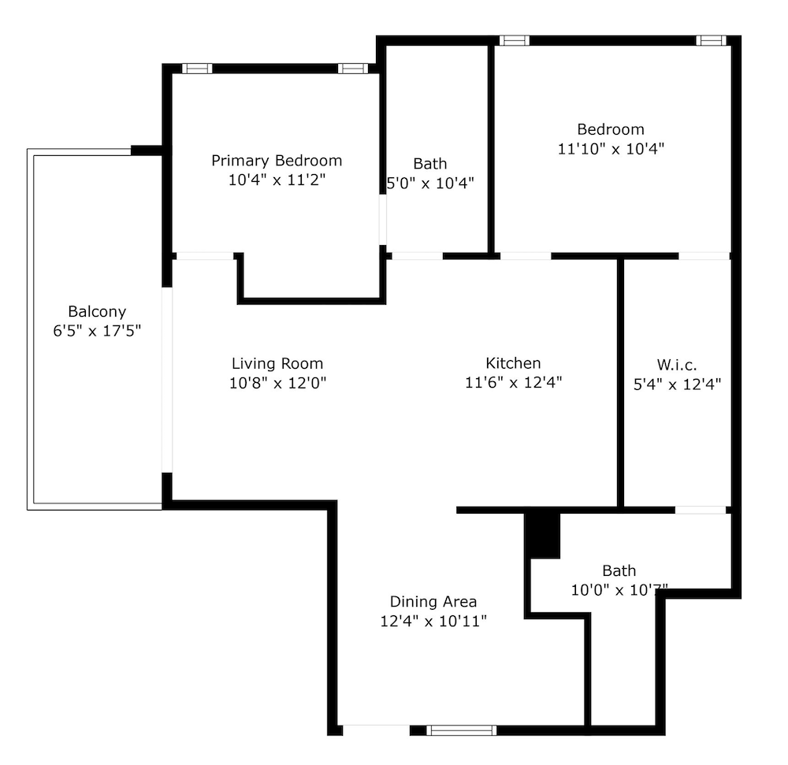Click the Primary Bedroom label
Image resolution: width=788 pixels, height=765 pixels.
point(277,162)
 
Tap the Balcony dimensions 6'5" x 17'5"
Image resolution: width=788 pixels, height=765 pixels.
point(97,331)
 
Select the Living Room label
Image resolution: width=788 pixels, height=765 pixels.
point(277,364)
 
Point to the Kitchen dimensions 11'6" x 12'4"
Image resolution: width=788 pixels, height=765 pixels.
point(513,383)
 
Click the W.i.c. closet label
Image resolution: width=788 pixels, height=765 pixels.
point(676,366)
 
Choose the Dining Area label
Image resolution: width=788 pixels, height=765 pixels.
point(433,602)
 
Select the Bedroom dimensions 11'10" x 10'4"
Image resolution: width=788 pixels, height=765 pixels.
point(611,149)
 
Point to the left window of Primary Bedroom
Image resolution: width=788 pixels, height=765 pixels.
point(197,69)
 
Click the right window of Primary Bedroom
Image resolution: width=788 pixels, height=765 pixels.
point(353,69)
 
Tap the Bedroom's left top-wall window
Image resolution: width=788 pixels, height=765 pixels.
point(514,41)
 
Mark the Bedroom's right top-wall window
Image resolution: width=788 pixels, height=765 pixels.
point(711,41)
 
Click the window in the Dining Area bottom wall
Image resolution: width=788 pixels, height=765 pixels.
point(461,730)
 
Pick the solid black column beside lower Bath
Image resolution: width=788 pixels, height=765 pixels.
point(542,535)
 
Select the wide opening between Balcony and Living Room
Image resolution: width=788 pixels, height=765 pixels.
point(167,380)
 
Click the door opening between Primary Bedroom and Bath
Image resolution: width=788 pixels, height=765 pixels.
point(382,220)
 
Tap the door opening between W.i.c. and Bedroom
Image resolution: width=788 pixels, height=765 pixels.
point(704,256)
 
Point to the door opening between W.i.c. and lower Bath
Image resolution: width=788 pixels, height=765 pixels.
point(701,511)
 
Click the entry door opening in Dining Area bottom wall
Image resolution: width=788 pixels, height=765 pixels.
point(377,730)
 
